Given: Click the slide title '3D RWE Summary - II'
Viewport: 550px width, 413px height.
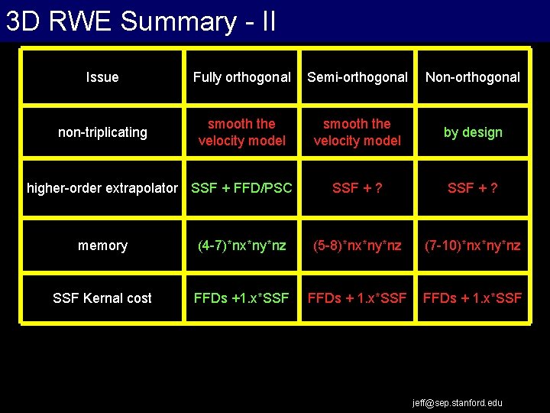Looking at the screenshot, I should click(x=141, y=21).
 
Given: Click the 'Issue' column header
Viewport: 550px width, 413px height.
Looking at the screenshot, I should click(x=102, y=77).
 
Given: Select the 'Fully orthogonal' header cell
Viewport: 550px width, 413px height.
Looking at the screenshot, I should click(x=241, y=77).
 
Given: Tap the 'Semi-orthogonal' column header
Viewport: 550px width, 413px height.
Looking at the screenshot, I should click(x=357, y=77).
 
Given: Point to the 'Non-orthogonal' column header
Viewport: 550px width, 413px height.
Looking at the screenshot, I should click(x=473, y=77).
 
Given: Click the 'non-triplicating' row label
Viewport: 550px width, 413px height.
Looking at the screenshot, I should click(x=102, y=132).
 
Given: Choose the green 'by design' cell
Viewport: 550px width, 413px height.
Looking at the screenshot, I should click(x=473, y=132).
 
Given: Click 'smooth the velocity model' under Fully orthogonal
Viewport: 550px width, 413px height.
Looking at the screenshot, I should click(x=241, y=132).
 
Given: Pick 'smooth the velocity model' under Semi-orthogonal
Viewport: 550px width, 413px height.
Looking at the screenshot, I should click(x=357, y=132).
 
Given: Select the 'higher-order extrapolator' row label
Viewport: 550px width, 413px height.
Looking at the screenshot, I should click(x=102, y=188).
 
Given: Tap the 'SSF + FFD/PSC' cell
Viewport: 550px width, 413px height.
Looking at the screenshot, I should click(x=241, y=188).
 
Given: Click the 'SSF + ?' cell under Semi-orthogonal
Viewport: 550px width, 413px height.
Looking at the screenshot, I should click(x=357, y=188).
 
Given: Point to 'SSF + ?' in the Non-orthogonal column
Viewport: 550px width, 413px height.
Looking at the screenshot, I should click(x=473, y=188).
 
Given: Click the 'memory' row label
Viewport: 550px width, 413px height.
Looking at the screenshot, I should click(x=102, y=246).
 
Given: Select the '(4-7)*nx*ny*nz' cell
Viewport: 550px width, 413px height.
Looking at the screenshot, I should click(x=241, y=246).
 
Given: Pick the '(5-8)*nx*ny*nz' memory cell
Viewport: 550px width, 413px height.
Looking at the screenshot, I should click(x=357, y=246).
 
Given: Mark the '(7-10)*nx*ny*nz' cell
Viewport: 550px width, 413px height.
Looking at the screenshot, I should click(x=473, y=246).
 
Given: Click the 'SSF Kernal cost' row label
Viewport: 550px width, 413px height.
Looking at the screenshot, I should click(x=102, y=298).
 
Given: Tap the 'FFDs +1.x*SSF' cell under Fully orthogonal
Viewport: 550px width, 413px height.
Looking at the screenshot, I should click(x=241, y=298).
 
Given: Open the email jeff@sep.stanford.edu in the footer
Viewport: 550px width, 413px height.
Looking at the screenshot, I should click(x=458, y=402).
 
